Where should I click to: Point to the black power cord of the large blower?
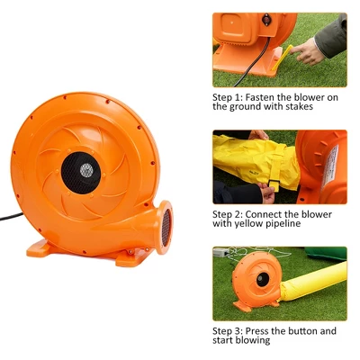[x=11, y=216]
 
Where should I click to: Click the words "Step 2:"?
[x=229, y=214]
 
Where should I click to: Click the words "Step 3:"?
[x=229, y=331]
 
